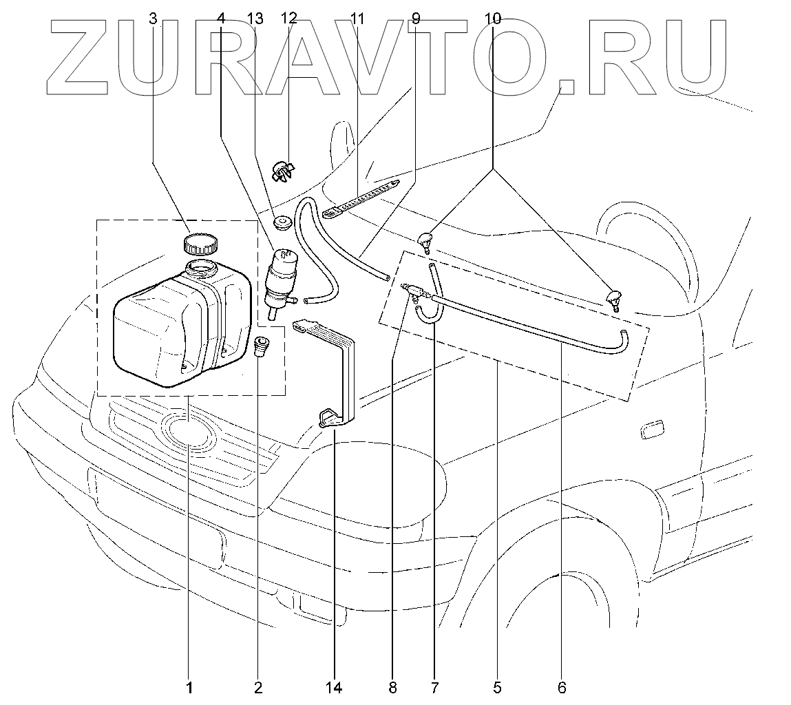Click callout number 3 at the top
coord(154,19)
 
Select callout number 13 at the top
coord(255,19)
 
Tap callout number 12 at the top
coord(288,19)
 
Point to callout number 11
coord(357,19)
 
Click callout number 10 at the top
coord(493,19)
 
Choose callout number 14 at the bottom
coord(334,687)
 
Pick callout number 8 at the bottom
coord(392,687)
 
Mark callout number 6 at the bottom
coord(562,687)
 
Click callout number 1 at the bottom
coord(189,687)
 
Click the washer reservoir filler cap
coord(200,244)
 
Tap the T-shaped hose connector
coord(416,291)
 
